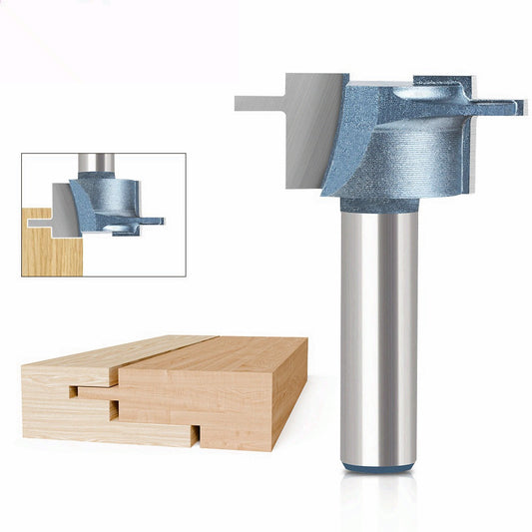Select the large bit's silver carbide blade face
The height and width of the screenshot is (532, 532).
click(x=308, y=130)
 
